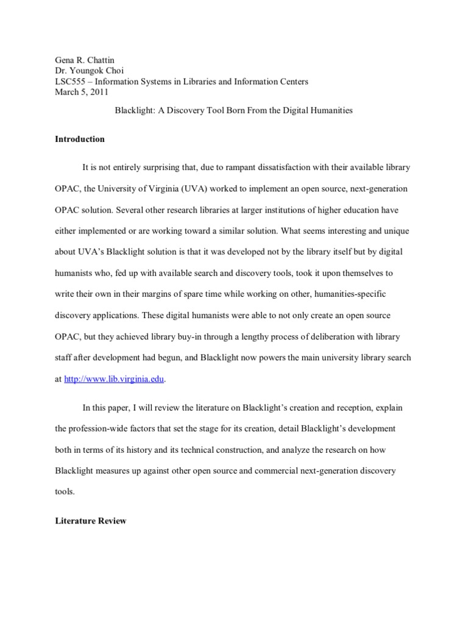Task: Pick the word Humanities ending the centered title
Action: click(x=332, y=111)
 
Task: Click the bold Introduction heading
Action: click(x=80, y=139)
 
